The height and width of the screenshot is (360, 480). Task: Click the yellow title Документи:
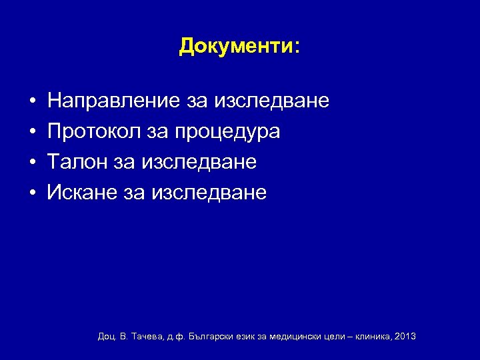[239, 46]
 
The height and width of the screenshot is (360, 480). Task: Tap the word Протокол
[92, 132]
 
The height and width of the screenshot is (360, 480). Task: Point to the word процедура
[227, 133]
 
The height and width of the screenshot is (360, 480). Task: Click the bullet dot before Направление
[32, 102]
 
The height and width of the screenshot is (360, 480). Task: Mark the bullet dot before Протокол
[32, 133]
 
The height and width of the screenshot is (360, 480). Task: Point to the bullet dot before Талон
[32, 163]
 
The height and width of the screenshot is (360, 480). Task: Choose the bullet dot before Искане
[32, 194]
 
